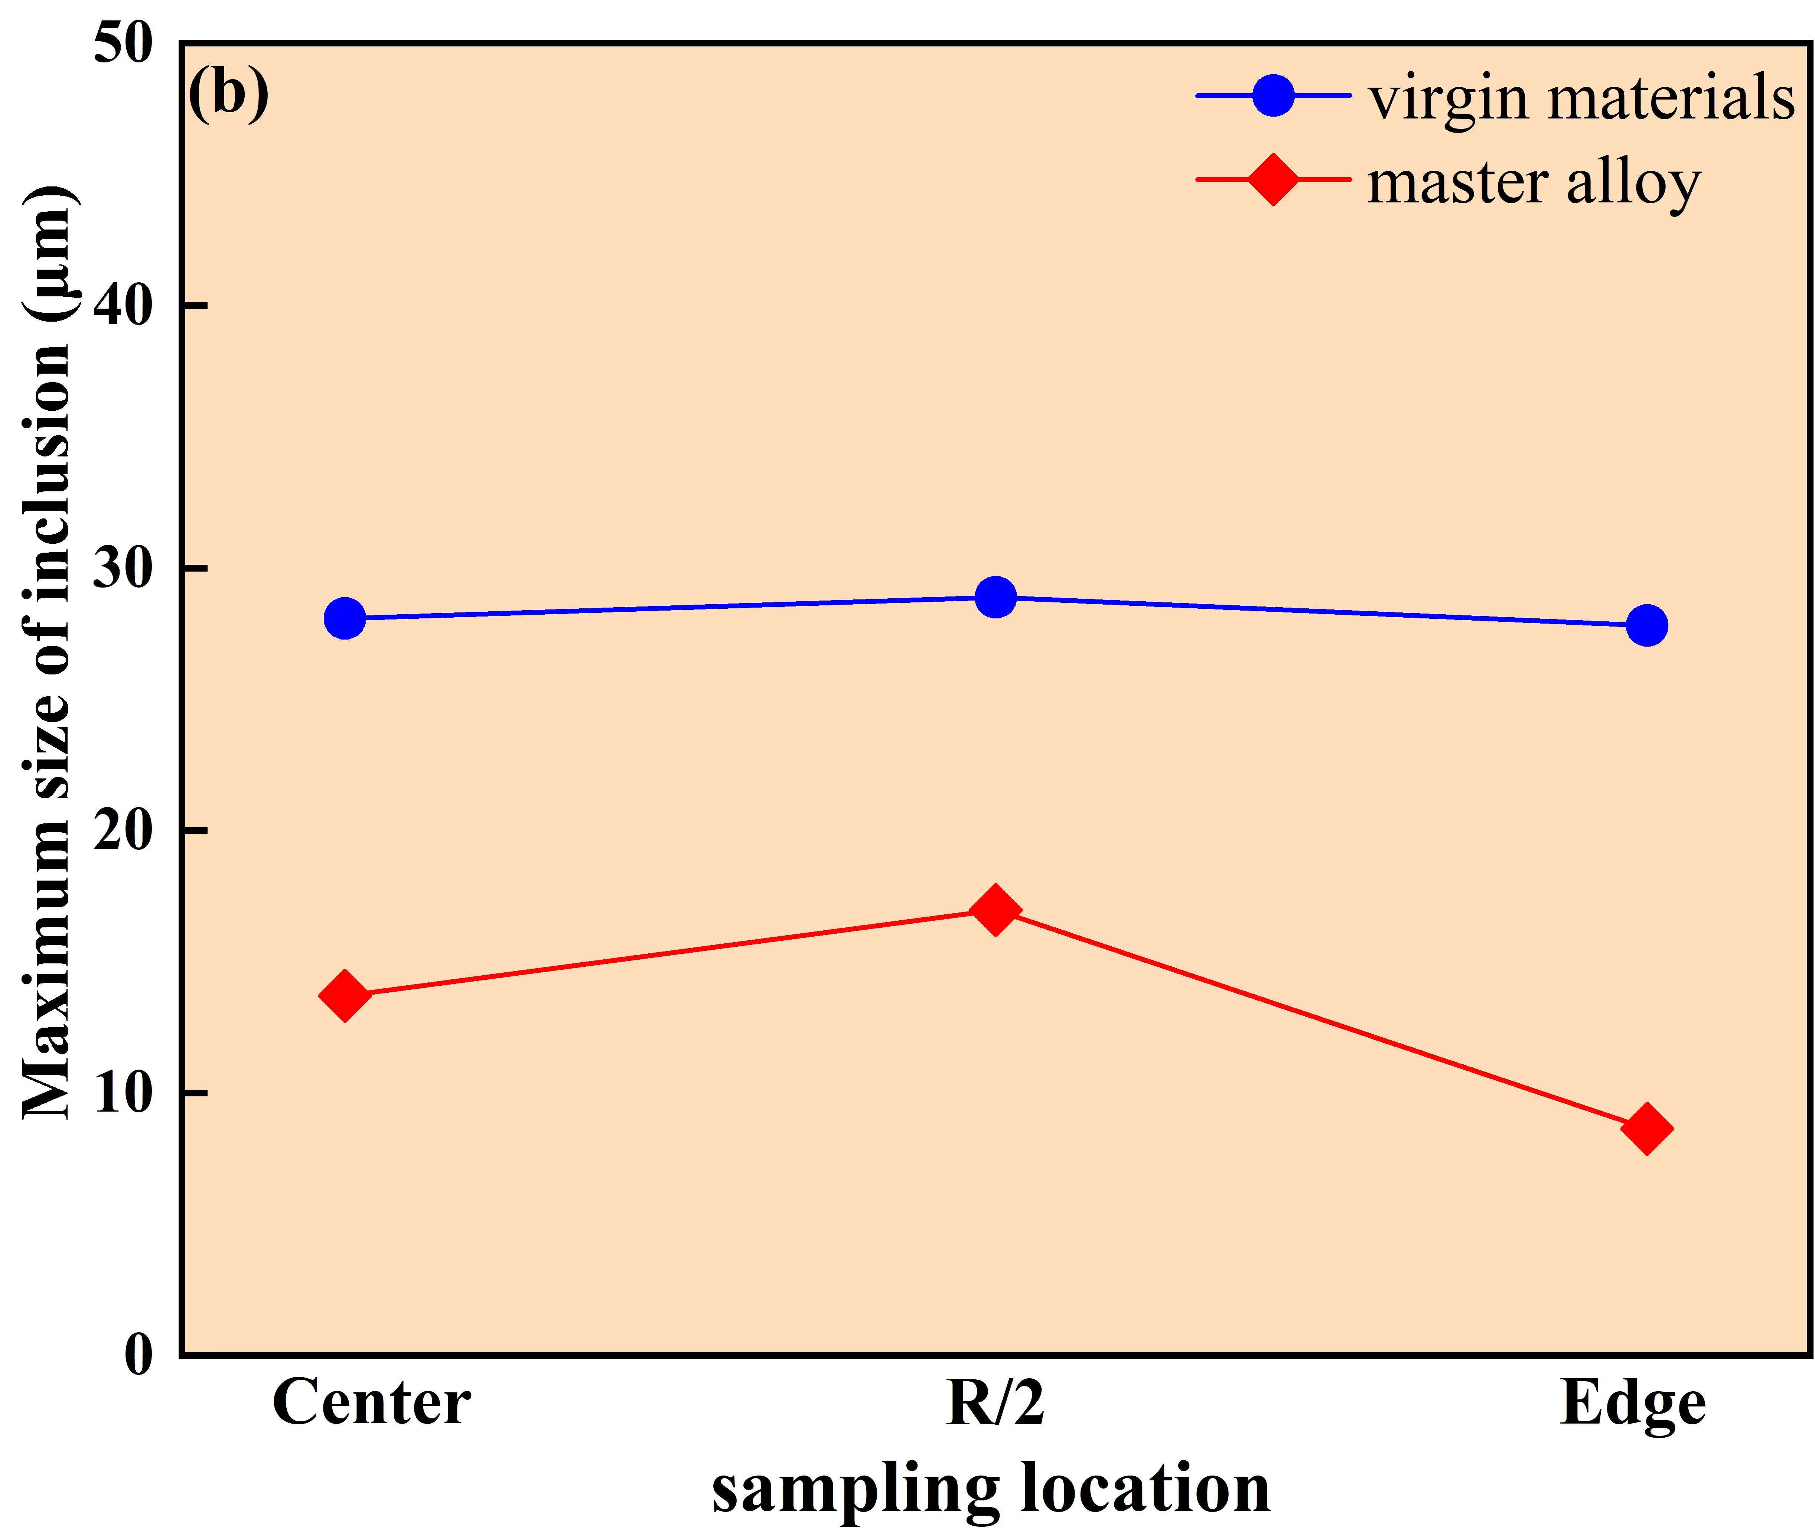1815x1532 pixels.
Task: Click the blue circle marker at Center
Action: pyautogui.click(x=345, y=618)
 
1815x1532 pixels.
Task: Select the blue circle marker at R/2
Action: pyautogui.click(x=995, y=598)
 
